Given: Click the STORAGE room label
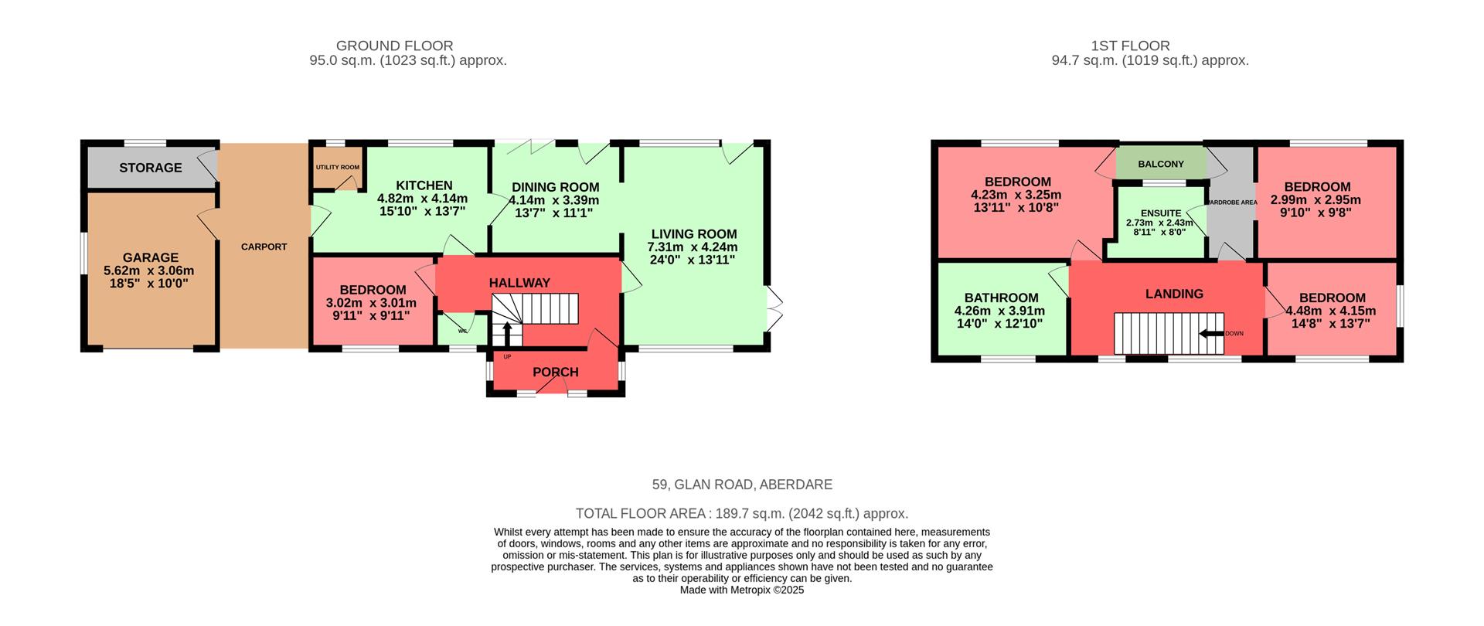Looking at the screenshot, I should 151,168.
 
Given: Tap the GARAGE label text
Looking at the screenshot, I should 151,258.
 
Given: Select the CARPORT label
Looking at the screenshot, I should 264,247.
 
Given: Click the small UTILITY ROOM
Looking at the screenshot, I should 337,168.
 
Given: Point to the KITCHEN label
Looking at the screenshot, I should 424,185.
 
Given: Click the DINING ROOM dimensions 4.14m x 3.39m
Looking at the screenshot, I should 554,200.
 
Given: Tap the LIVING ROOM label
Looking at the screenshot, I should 693,234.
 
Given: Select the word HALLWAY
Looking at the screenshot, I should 519,283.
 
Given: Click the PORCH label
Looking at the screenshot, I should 555,372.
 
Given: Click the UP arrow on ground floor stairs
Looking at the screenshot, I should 507,334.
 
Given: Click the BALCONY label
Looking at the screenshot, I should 1160,164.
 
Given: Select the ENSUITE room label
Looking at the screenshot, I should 1160,213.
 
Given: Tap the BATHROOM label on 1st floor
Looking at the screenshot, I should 1001,298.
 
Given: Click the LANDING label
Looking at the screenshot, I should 1173,294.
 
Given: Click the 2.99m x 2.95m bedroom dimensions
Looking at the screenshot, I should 1315,200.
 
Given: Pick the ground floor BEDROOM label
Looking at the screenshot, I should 373,291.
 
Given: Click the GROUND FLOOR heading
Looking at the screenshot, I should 394,46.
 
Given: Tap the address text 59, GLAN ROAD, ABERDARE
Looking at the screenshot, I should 742,485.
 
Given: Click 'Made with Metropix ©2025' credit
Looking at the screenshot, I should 742,590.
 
